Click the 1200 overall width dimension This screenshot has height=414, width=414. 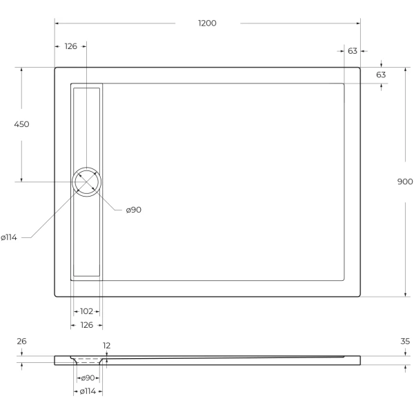[207, 23]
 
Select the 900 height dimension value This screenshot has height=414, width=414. [405, 181]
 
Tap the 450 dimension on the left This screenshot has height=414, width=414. [21, 124]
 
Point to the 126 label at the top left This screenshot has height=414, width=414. [70, 46]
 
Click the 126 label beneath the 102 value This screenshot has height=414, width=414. [88, 325]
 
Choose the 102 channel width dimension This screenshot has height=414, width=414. [88, 311]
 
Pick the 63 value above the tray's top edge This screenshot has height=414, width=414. [352, 51]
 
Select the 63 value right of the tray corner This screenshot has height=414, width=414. [381, 75]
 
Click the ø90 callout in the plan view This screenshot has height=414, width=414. [133, 210]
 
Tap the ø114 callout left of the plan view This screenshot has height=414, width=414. [9, 237]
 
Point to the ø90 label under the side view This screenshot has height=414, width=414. [88, 378]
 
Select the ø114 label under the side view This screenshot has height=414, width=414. [88, 391]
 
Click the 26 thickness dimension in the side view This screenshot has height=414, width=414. [21, 342]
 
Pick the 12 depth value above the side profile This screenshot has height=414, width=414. [107, 346]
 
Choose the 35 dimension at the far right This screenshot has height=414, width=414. [405, 342]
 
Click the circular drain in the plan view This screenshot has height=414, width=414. [88, 182]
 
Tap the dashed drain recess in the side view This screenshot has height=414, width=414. [88, 359]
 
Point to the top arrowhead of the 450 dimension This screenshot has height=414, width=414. [21, 70]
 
